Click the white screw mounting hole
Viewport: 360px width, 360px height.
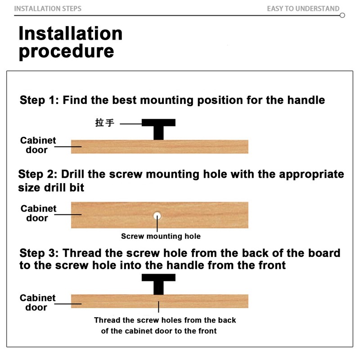click(x=157, y=216)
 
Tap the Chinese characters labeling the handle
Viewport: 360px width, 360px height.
click(x=105, y=122)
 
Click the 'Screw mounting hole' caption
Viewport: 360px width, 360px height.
click(x=161, y=236)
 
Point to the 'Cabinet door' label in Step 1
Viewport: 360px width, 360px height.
click(x=38, y=145)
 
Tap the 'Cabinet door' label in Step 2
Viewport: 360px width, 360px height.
click(x=38, y=213)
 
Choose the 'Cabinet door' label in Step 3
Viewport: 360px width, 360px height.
click(x=37, y=302)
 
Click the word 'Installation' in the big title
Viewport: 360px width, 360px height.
click(x=70, y=33)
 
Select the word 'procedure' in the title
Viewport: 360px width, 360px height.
click(x=66, y=51)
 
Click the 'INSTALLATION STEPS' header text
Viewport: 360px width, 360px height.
click(x=48, y=9)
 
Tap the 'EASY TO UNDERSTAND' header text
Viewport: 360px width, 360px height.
click(x=303, y=9)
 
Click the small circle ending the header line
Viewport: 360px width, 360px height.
click(x=342, y=15)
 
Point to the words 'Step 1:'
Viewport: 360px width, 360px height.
click(x=39, y=100)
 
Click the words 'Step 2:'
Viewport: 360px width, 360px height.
click(x=38, y=174)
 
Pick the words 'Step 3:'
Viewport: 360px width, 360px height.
click(x=39, y=253)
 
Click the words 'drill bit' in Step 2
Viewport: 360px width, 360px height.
click(x=64, y=188)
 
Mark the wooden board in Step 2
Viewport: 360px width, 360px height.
click(x=160, y=215)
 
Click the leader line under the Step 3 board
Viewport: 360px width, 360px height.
click(x=158, y=307)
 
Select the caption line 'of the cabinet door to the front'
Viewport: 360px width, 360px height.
click(x=159, y=331)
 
